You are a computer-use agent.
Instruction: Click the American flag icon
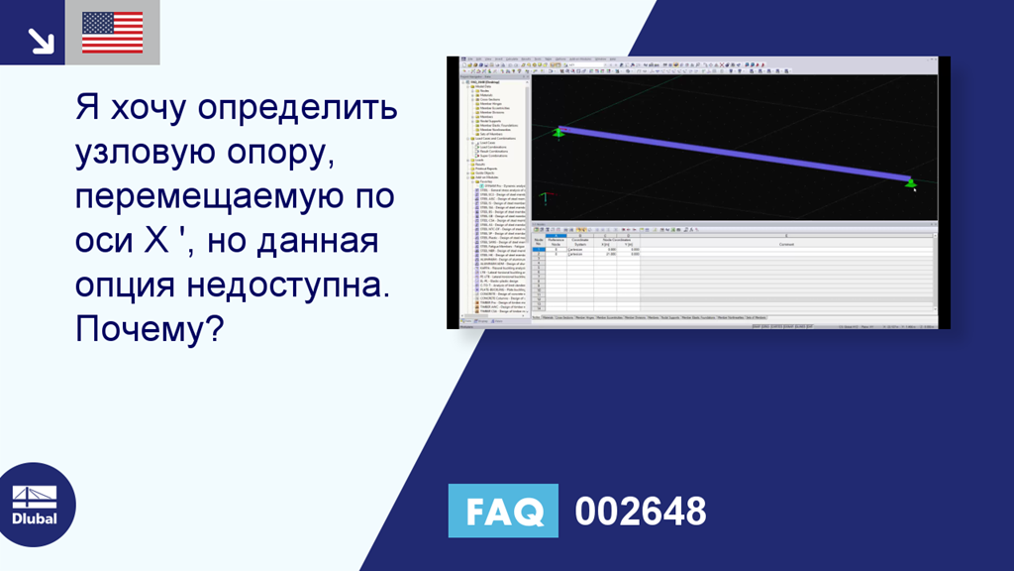pos(112,33)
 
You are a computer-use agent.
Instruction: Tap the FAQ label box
pos(503,511)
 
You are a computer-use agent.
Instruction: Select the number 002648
pos(641,511)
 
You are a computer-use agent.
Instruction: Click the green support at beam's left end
pos(558,132)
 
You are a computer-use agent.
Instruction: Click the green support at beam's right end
pos(910,183)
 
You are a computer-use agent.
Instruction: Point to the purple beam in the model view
pos(733,155)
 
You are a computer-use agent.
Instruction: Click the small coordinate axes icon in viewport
pos(544,198)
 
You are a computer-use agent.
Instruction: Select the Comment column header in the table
pos(786,244)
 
